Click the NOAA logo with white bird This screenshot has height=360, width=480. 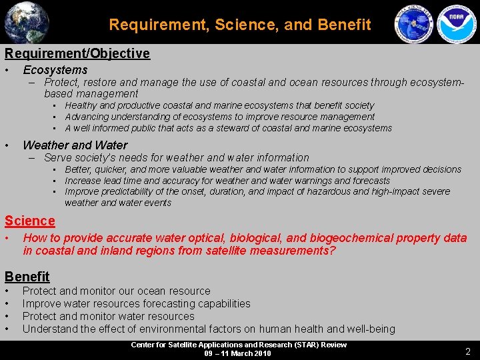457,25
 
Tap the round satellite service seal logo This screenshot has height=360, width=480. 414,25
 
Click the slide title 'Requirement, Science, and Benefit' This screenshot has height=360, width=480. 240,25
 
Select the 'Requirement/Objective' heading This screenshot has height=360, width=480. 77,53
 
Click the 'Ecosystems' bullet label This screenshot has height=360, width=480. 55,70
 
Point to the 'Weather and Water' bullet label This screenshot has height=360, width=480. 75,145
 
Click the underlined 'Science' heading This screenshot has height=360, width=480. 29,221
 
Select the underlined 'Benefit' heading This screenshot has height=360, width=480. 27,276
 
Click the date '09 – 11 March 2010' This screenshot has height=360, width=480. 238,353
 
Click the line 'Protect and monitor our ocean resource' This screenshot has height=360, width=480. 116,291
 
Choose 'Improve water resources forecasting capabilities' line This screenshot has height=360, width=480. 137,303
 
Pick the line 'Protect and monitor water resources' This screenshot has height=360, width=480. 109,316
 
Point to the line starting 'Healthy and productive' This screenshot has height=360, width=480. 219,105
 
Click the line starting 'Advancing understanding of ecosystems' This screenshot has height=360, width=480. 219,117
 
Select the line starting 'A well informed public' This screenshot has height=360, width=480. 228,128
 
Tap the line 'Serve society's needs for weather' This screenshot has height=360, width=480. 177,158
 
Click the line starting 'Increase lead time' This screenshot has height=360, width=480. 227,181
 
